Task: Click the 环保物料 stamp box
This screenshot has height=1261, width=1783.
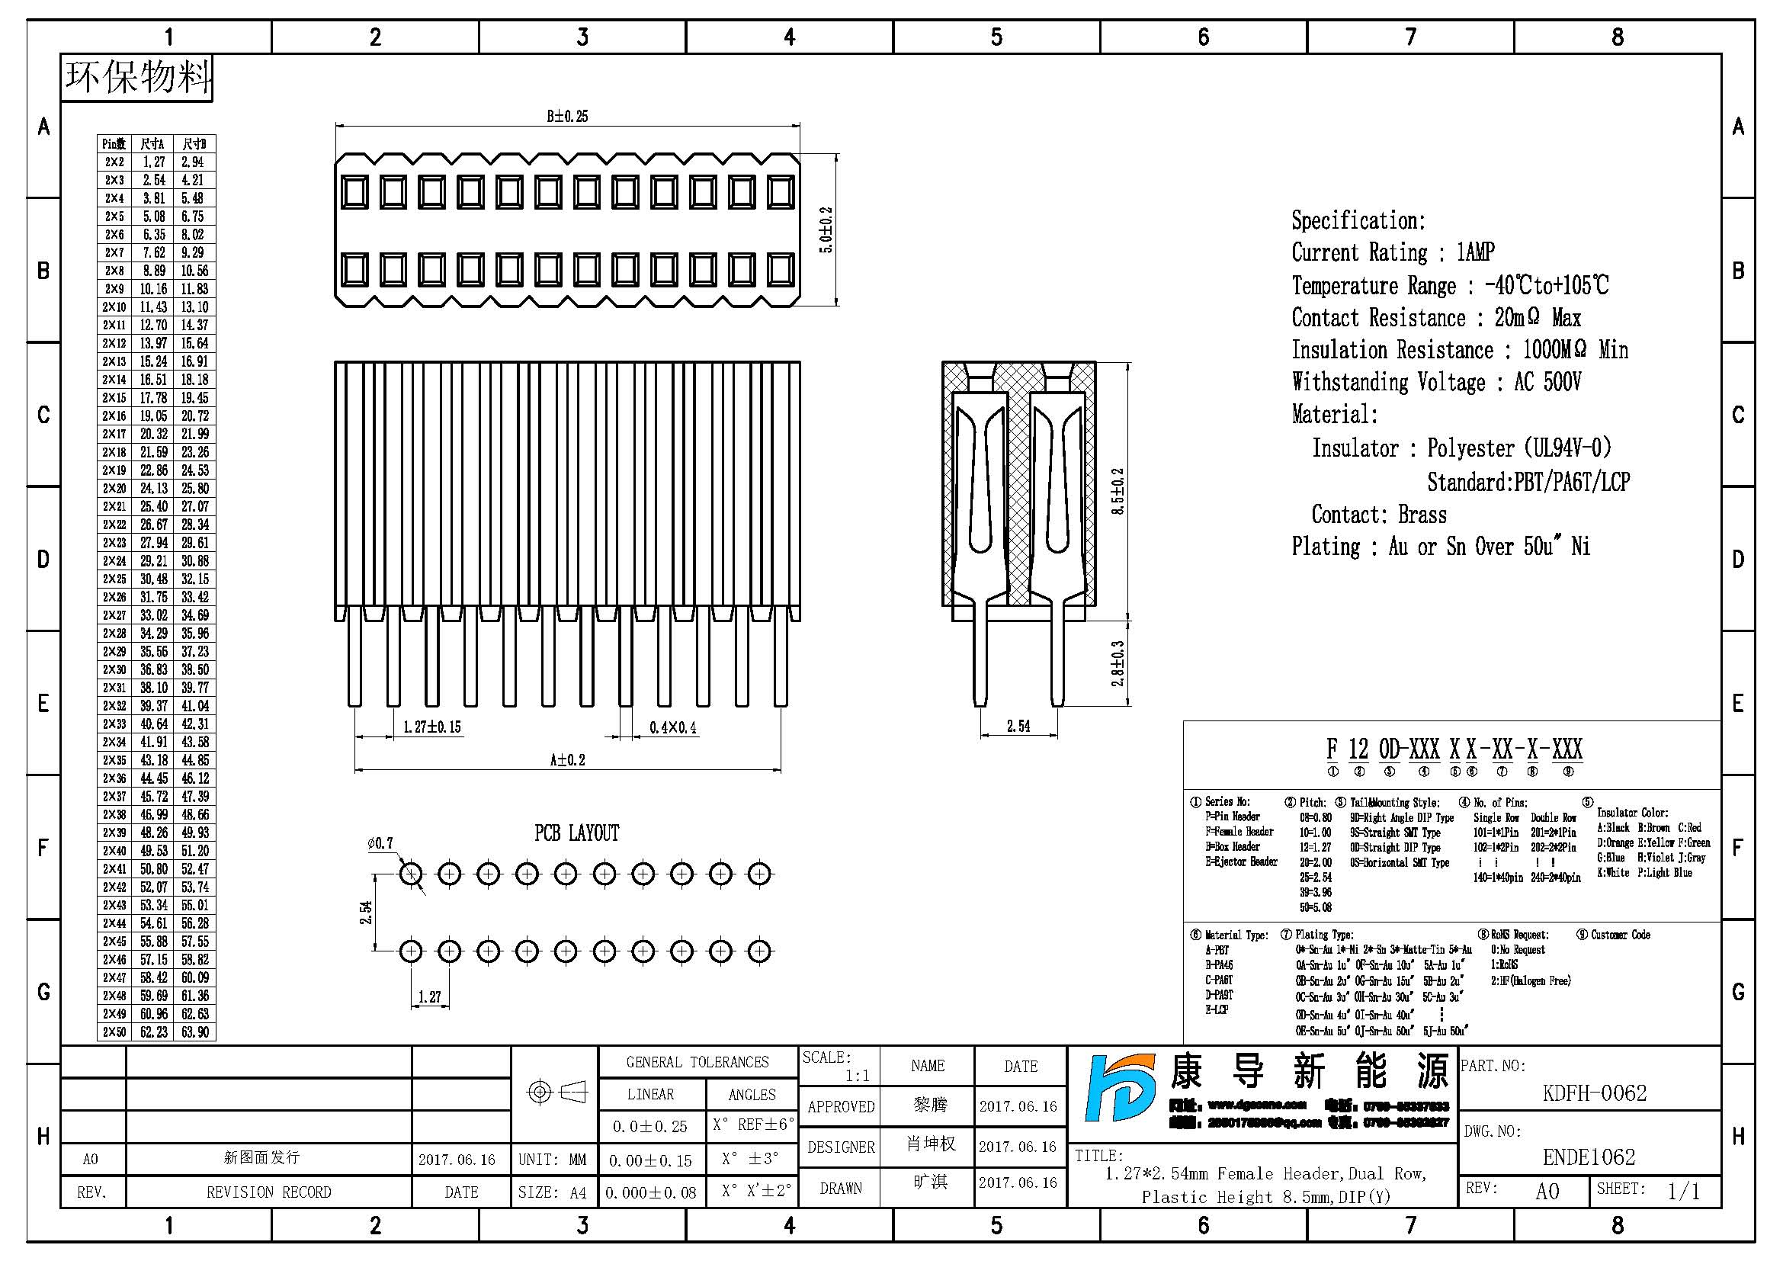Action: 136,78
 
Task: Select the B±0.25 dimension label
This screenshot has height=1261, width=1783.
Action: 567,117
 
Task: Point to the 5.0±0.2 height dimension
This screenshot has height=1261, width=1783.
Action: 826,229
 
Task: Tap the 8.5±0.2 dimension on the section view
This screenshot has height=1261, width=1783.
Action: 1118,492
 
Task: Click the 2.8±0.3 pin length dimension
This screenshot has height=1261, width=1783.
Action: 1118,663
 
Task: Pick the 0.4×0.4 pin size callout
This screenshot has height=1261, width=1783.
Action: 672,727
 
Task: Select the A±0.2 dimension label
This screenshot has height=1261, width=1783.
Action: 567,760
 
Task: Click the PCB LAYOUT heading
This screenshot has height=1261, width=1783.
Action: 576,833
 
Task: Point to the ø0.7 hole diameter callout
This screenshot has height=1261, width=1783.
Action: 380,843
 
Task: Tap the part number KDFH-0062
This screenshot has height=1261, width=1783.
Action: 1594,1093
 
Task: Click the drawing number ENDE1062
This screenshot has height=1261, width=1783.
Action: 1589,1157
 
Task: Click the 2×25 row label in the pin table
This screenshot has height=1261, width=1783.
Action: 114,579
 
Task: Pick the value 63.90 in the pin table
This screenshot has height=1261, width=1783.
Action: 194,1032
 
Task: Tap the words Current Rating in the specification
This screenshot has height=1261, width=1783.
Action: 1359,253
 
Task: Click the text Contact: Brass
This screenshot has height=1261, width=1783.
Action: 1378,515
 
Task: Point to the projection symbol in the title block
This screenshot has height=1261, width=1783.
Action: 555,1093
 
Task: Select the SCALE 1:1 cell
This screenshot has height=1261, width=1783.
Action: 839,1066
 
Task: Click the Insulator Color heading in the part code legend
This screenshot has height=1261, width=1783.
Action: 1631,812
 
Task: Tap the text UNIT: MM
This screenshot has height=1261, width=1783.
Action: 552,1160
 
